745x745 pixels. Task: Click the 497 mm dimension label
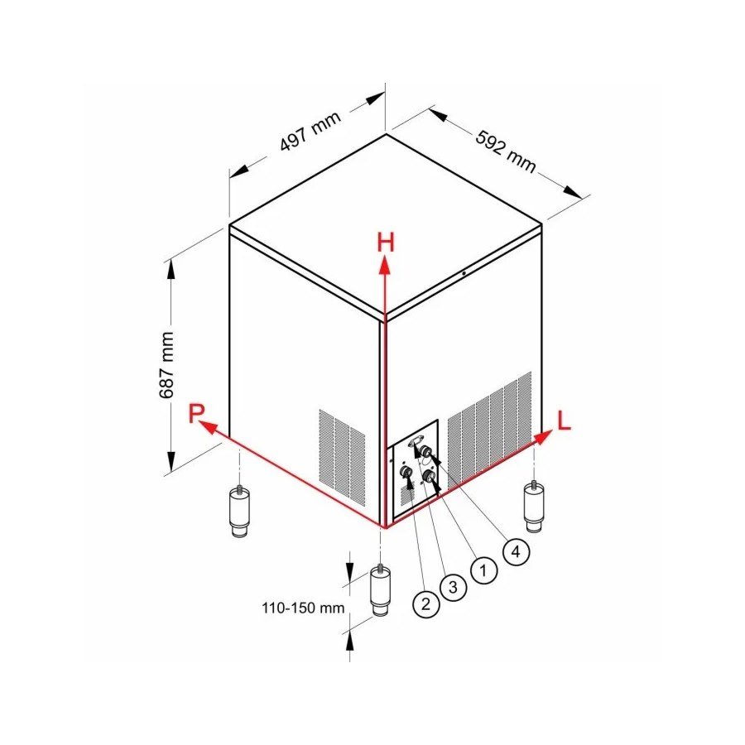(310, 131)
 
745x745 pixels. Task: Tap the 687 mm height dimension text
(166, 365)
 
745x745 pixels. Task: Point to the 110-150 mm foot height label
(303, 608)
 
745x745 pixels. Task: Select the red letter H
(386, 242)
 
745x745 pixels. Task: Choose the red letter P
(195, 412)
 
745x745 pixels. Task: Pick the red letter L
(564, 421)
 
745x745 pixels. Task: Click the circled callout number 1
(483, 570)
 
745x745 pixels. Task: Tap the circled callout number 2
(425, 604)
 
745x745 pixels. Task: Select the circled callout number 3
(453, 587)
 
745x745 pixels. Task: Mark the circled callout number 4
(516, 551)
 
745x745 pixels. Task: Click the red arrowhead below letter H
(385, 265)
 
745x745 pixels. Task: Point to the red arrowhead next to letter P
(208, 426)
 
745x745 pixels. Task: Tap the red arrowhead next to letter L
(544, 436)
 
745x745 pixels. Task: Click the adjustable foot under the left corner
(240, 510)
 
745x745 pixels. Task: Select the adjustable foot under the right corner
(534, 507)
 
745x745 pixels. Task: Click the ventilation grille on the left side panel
(342, 457)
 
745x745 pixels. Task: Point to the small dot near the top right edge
(464, 273)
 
